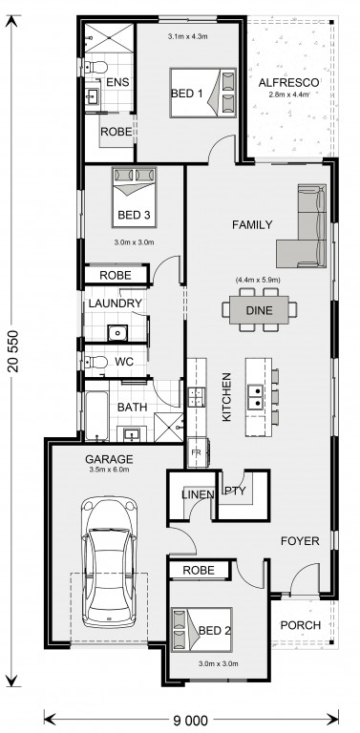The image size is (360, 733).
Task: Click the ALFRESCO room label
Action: (289, 83)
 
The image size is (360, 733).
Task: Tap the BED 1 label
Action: (187, 94)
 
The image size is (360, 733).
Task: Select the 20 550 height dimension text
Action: (13, 351)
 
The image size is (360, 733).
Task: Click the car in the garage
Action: (109, 562)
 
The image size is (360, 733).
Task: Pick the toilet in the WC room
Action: (95, 363)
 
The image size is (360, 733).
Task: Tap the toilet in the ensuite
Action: (95, 68)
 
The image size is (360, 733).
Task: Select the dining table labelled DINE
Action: (259, 310)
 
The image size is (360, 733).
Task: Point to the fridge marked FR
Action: (199, 452)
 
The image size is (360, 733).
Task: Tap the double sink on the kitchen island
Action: (255, 397)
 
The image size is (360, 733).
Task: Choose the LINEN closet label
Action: (198, 493)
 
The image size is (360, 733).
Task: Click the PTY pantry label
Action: (236, 491)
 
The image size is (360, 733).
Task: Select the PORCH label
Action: (301, 625)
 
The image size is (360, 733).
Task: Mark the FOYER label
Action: (300, 541)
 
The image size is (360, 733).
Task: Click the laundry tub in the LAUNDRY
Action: (116, 333)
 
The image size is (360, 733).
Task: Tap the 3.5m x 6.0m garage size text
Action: (109, 470)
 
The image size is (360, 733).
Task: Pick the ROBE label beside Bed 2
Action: (199, 570)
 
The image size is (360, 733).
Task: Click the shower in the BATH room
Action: (168, 427)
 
